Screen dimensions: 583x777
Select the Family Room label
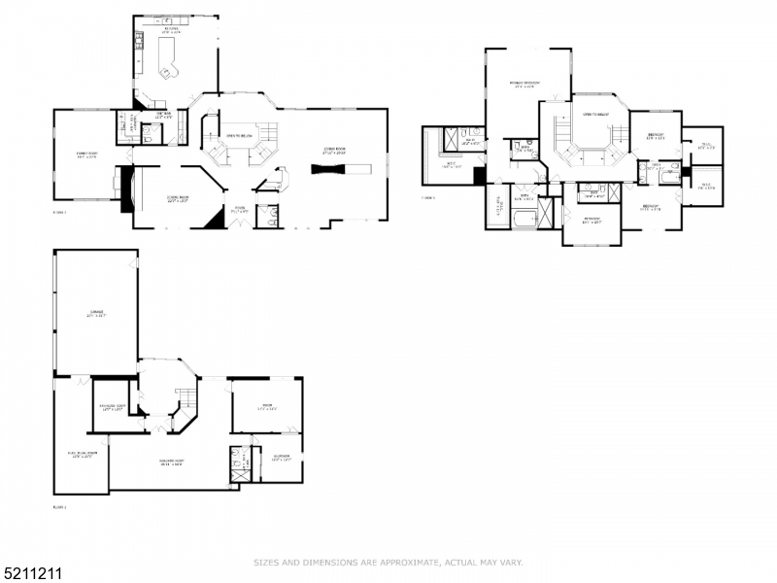coord(86,154)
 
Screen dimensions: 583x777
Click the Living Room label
coord(335,150)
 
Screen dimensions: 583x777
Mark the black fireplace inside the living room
coord(330,168)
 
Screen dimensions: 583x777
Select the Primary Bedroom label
coord(525,84)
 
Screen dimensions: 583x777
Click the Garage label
coord(96,313)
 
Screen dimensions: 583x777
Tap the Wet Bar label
coord(163,117)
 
